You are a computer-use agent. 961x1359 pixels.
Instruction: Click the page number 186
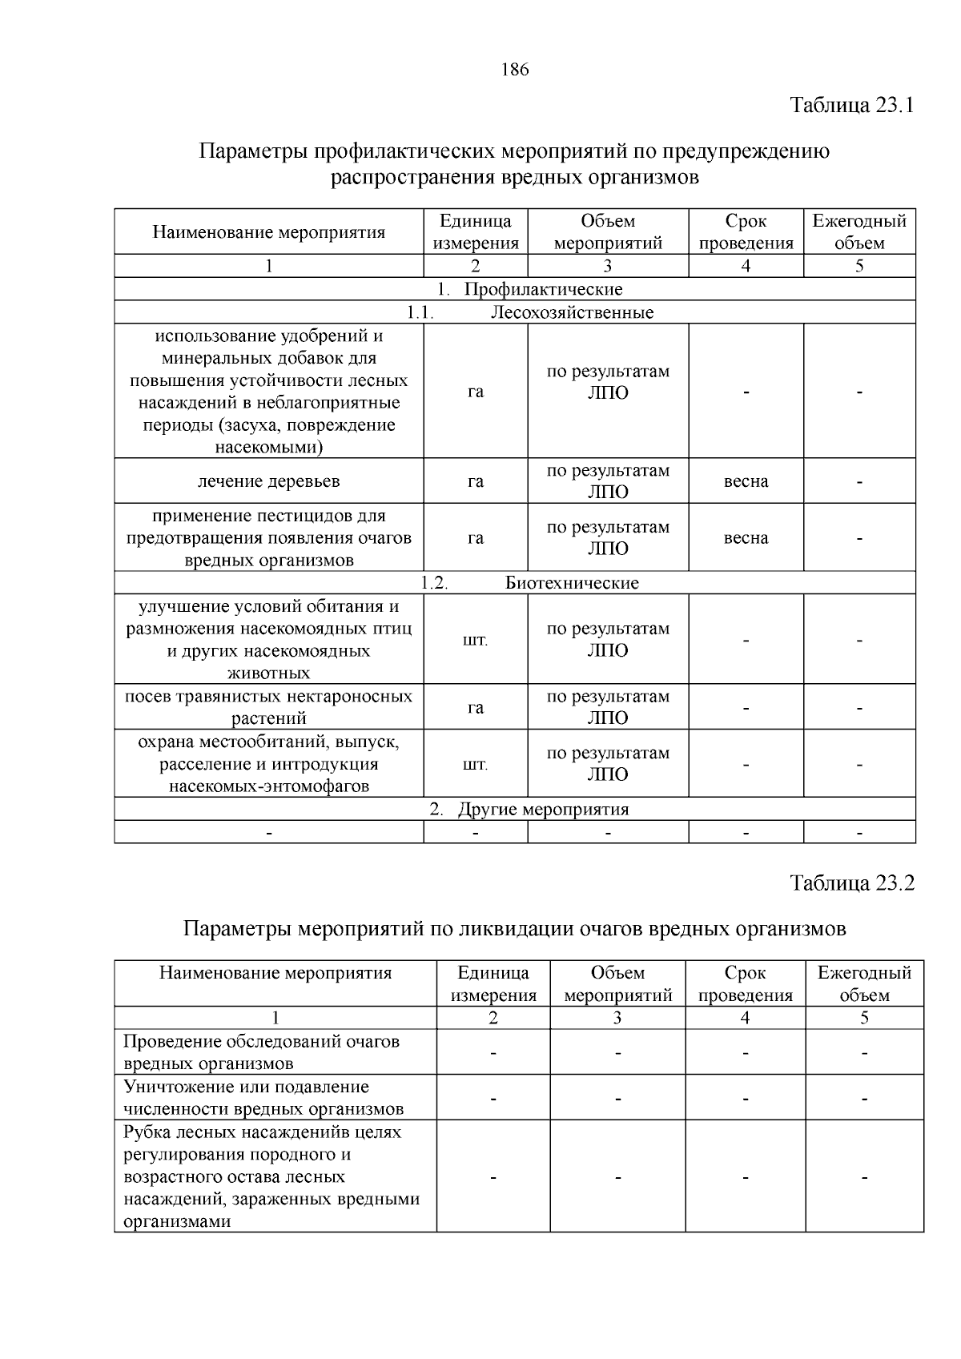515,70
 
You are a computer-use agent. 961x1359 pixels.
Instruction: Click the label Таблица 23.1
851,105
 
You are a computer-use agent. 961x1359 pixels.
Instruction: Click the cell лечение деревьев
269,481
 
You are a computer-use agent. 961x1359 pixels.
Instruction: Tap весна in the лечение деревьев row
746,481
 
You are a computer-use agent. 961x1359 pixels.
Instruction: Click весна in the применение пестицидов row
746,538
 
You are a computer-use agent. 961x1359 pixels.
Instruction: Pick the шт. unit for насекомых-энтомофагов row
475,764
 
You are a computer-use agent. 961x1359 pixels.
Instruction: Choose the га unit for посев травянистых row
475,707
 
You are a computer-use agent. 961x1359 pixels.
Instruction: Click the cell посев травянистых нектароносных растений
269,707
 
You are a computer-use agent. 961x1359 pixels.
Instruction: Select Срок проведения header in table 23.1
746,232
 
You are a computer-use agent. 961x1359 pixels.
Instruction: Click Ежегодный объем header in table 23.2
864,983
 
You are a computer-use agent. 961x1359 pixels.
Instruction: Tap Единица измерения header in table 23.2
493,983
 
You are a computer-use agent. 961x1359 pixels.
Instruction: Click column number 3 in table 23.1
607,266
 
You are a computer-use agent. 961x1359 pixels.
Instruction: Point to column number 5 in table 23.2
864,1018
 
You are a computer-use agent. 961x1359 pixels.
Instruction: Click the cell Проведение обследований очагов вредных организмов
261,1052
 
